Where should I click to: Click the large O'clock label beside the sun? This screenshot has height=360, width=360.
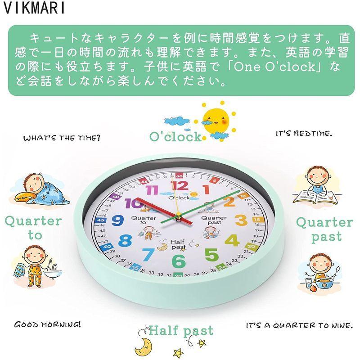point(176,136)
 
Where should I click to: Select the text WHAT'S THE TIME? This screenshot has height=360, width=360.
point(62,138)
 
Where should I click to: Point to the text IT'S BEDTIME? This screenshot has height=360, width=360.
point(304,134)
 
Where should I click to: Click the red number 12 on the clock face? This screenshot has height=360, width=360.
point(180,186)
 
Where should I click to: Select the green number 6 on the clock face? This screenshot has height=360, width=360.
point(179,260)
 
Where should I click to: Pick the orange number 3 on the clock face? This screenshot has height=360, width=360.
point(241,220)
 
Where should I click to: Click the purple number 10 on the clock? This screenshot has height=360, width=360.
point(133,203)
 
